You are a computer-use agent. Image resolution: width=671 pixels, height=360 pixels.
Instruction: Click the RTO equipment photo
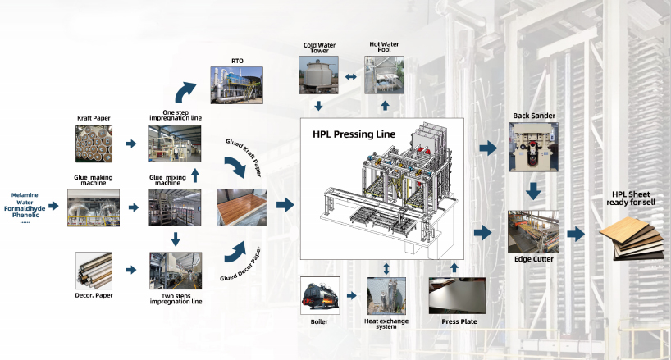pos(238,84)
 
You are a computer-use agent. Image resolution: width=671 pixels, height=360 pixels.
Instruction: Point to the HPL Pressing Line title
pos(354,134)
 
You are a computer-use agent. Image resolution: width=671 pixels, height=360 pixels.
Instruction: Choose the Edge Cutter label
pos(533,259)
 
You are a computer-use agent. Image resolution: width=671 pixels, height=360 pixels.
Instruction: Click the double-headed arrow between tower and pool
pos(350,76)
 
